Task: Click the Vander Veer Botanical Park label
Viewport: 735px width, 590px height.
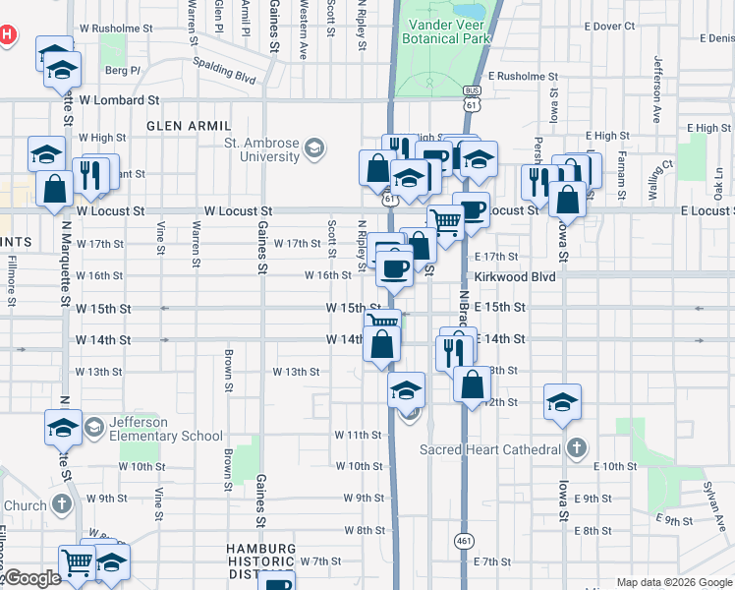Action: [445, 30]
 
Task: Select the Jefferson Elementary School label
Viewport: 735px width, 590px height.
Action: [166, 429]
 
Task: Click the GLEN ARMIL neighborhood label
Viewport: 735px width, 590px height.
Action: [189, 126]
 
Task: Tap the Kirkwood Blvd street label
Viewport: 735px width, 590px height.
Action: [515, 277]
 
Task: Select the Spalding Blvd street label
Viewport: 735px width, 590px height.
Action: [225, 72]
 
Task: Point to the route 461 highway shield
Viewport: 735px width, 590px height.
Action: [464, 541]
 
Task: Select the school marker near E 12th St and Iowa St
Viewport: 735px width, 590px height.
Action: [562, 402]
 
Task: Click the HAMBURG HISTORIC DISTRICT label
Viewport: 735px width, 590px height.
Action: [259, 561]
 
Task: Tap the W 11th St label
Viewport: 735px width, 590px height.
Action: [358, 435]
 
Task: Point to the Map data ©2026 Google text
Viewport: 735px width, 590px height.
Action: [673, 582]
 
